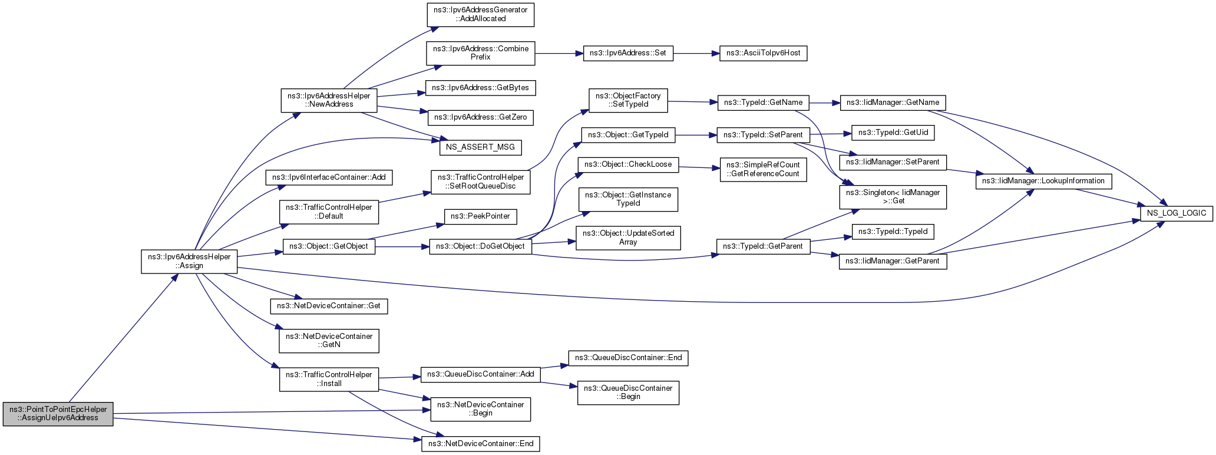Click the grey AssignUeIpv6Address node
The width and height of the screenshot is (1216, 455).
[x=58, y=414]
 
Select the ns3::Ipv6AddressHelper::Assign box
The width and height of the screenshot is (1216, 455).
[x=189, y=261]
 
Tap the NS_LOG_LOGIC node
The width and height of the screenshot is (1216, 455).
[x=1177, y=213]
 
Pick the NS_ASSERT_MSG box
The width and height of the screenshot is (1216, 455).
[x=481, y=147]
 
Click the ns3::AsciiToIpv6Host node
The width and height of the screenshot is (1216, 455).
[x=763, y=53]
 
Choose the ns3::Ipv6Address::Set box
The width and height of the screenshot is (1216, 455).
[x=628, y=53]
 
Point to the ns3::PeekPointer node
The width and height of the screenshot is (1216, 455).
[x=480, y=216]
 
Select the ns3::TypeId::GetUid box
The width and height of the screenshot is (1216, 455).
[x=893, y=133]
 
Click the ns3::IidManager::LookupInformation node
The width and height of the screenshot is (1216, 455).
[x=1043, y=181]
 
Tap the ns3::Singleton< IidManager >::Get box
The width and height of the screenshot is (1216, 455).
[x=893, y=197]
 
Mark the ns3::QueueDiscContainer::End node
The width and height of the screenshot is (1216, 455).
[x=628, y=358]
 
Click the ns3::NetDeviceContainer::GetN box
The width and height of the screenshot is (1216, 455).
[x=329, y=341]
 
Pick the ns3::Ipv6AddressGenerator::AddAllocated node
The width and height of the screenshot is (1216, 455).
[x=480, y=14]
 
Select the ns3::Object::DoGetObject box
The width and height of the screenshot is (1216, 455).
[x=481, y=246]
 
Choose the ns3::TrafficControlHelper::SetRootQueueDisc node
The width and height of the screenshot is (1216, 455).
[x=481, y=182]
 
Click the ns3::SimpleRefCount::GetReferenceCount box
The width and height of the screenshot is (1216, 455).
[x=763, y=169]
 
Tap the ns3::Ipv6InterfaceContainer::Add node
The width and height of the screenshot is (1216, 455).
[x=329, y=177]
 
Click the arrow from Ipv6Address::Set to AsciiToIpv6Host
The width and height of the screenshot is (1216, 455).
[x=696, y=53]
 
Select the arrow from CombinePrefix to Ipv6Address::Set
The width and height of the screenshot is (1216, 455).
[x=559, y=53]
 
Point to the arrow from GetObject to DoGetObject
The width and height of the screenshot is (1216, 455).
[x=402, y=246]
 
